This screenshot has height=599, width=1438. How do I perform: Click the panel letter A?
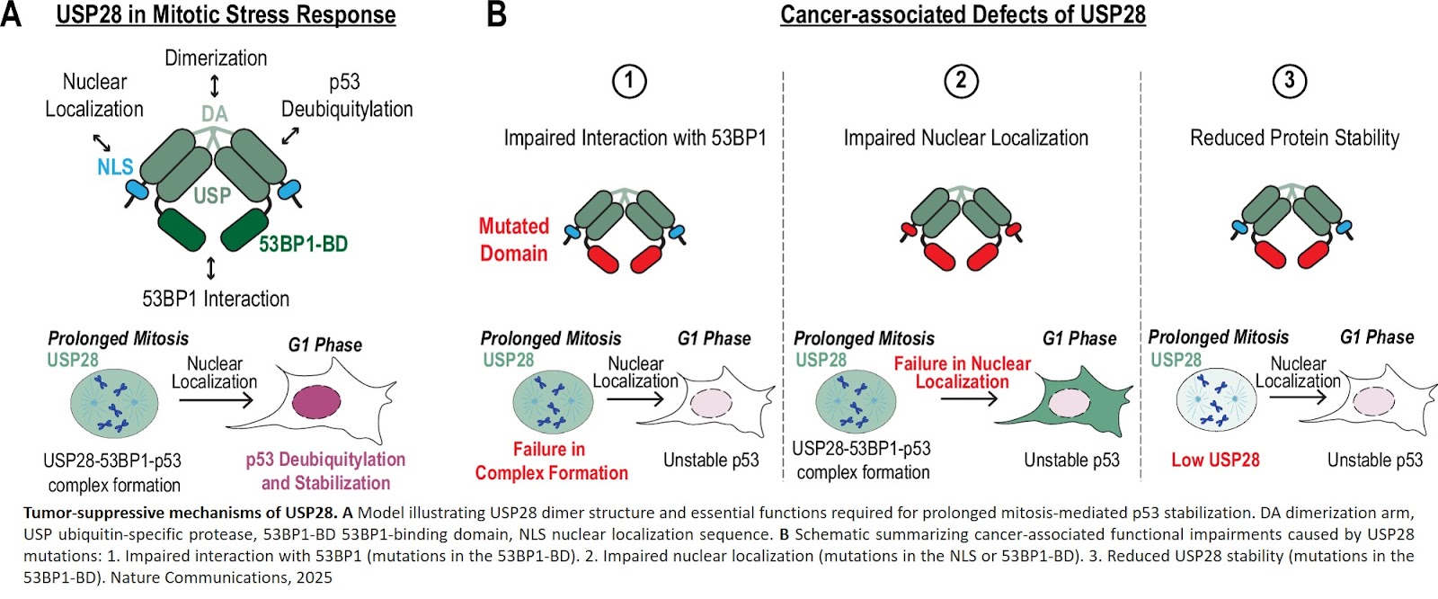point(12,14)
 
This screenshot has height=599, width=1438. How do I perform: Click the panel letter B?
point(496,14)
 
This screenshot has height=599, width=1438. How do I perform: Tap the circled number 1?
point(629,81)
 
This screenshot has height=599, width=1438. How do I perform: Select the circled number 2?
point(961,81)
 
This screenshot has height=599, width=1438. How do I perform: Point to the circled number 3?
point(1290,81)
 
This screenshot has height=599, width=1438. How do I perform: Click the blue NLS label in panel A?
point(115,166)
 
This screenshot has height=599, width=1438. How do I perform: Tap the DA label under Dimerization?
point(215,114)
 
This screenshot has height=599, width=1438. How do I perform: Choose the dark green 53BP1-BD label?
point(303,244)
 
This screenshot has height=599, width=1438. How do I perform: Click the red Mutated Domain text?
point(513,240)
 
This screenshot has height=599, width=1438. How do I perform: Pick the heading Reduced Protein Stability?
point(1294,138)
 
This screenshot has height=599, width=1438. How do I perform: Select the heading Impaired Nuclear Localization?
point(965,138)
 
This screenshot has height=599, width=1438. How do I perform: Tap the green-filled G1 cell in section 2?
point(1061,399)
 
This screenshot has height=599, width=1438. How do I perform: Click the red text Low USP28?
point(1215,460)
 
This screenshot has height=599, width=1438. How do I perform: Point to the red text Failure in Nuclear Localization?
point(962,372)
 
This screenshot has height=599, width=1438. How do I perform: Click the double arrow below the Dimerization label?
point(215,86)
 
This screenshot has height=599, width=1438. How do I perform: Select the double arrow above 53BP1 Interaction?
point(211,268)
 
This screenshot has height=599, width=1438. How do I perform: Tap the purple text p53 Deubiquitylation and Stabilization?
point(325,471)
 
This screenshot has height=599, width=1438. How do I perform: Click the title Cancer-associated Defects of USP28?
point(963,14)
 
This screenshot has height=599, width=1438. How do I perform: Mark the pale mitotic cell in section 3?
point(1216,399)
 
